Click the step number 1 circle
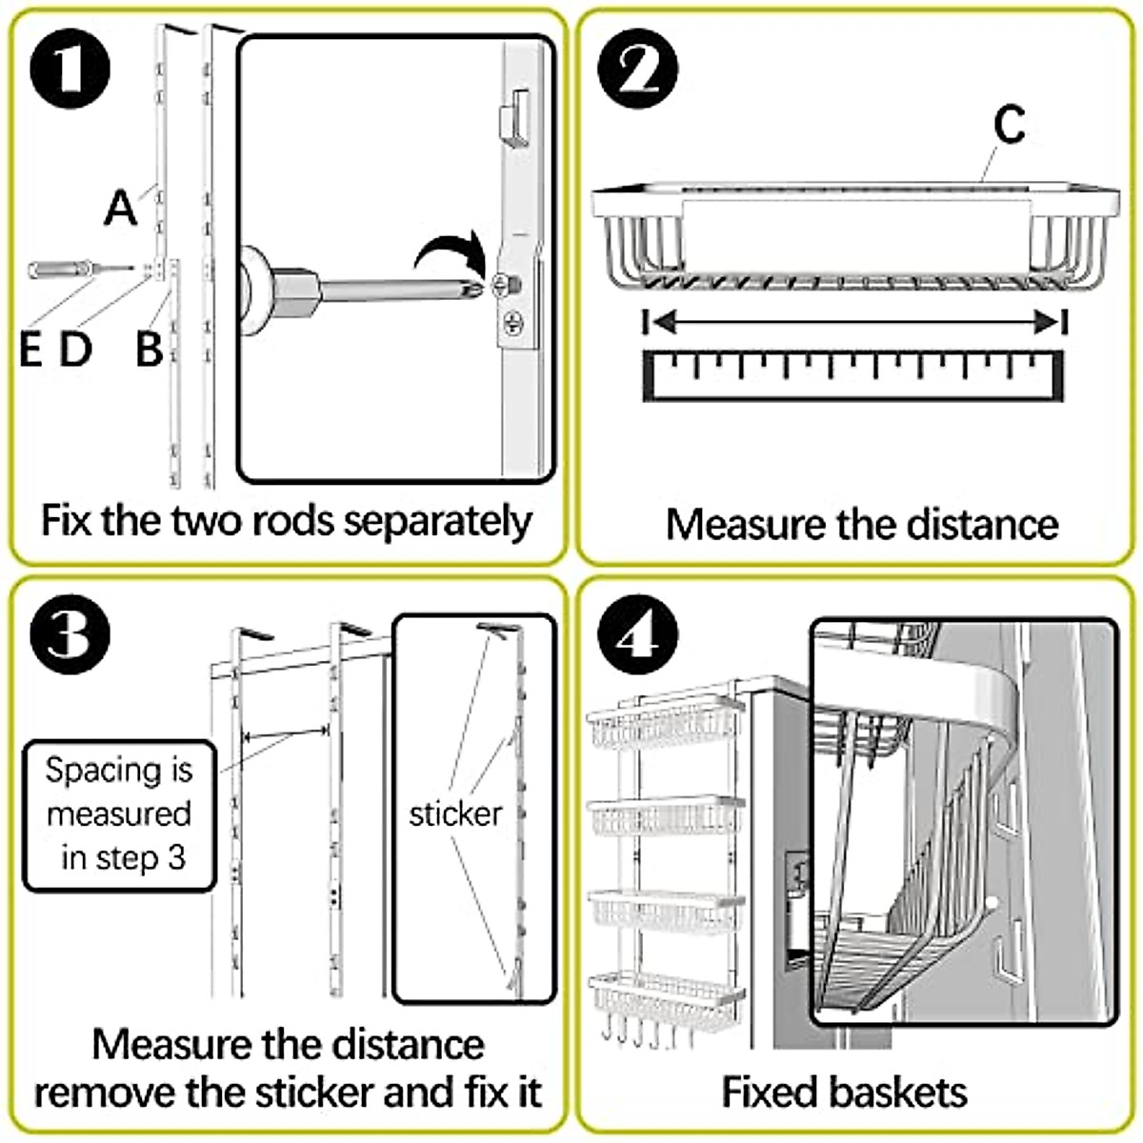[x=70, y=69]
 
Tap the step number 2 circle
[x=637, y=69]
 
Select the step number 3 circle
[x=70, y=634]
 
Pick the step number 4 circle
[x=637, y=634]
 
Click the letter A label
[x=120, y=208]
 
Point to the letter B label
[x=149, y=349]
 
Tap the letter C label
[x=1010, y=124]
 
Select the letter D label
[x=76, y=349]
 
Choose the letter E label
[x=30, y=349]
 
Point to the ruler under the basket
[x=852, y=376]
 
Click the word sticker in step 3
[x=455, y=814]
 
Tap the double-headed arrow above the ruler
[x=854, y=323]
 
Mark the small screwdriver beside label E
[x=80, y=270]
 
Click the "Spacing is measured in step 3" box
[x=119, y=815]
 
